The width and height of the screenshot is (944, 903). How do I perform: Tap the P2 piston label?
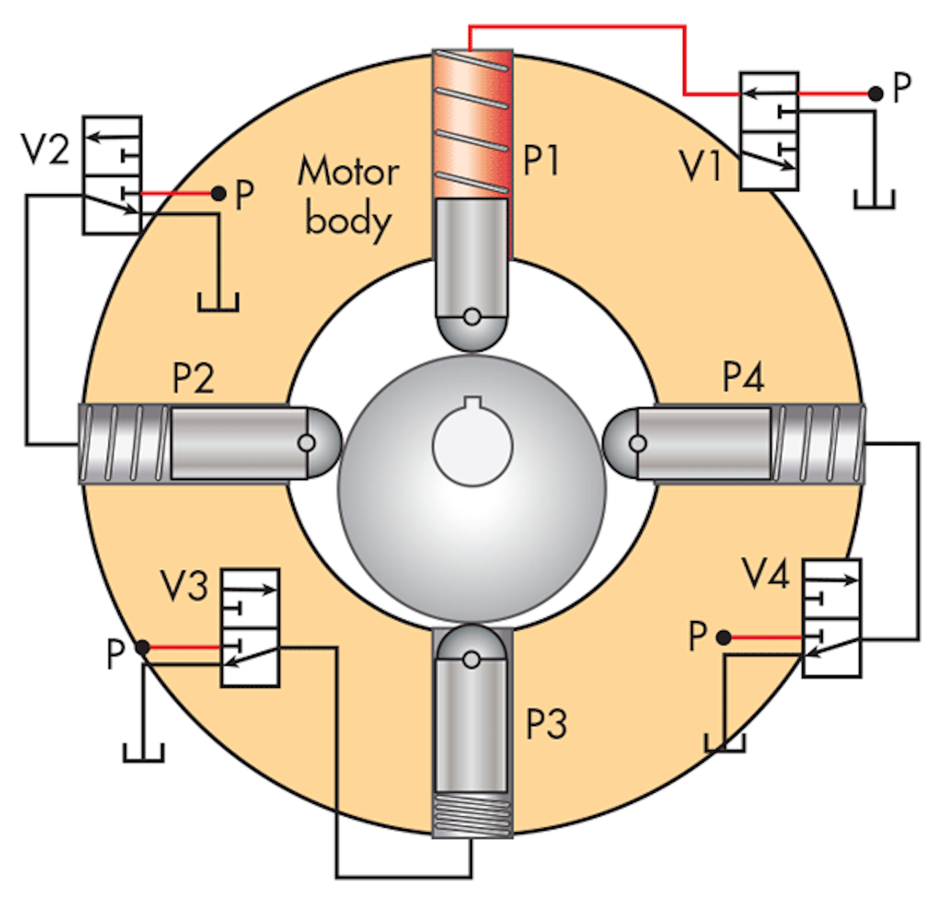pyautogui.click(x=193, y=378)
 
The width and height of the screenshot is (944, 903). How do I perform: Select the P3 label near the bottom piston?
pyautogui.click(x=546, y=724)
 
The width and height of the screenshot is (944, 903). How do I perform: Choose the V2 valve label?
pyautogui.click(x=45, y=149)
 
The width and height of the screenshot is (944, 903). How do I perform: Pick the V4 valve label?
pyautogui.click(x=765, y=574)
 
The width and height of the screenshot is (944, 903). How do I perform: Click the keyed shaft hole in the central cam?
pyautogui.click(x=472, y=444)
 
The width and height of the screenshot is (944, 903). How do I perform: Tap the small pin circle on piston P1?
pyautogui.click(x=471, y=317)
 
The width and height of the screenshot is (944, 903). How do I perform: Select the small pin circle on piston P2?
pyautogui.click(x=306, y=443)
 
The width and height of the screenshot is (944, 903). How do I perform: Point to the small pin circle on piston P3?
pyautogui.click(x=471, y=660)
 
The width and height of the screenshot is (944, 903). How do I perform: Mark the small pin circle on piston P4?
pyautogui.click(x=637, y=444)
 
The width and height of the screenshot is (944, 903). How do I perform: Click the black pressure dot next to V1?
pyautogui.click(x=875, y=94)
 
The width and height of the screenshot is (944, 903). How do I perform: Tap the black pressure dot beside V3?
pyautogui.click(x=142, y=648)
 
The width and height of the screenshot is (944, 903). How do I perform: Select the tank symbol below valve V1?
pyautogui.click(x=875, y=199)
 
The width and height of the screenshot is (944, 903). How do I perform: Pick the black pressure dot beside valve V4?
pyautogui.click(x=723, y=637)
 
